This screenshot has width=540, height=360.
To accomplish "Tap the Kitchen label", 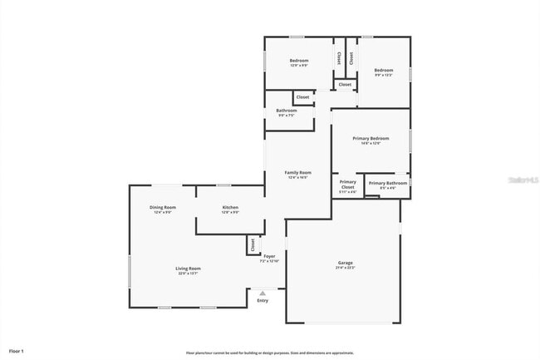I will (230, 207).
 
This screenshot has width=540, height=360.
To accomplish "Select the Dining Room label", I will (163, 207).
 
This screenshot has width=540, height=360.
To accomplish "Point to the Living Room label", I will (188, 269).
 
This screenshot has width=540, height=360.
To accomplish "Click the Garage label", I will (345, 263).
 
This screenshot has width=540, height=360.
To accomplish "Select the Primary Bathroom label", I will (388, 183).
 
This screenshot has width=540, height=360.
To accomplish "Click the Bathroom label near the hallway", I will (287, 111).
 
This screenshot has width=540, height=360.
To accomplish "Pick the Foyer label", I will (269, 256).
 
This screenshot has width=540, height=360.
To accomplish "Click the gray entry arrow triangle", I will (263, 293).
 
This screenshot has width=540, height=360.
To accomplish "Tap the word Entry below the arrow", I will (263, 300).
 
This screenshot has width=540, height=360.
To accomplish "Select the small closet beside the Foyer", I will (253, 244).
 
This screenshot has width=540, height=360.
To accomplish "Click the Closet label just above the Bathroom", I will (302, 97).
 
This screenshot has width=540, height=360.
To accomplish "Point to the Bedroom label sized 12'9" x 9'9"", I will (299, 61).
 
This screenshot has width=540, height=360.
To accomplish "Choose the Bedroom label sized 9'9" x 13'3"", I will (383, 70).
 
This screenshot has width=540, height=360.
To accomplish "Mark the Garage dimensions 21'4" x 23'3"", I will (345, 268).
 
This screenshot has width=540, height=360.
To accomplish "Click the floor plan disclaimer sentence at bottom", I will (270, 353).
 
